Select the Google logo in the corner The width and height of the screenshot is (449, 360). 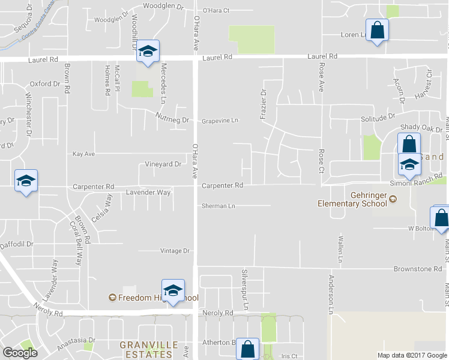[x=20, y=353]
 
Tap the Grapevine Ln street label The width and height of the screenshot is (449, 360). [x=220, y=120]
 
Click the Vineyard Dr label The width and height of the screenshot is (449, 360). [x=163, y=164]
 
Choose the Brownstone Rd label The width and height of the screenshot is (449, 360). [x=418, y=269]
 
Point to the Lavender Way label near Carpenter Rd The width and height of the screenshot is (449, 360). [x=148, y=193]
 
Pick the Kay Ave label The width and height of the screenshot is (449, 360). [x=83, y=154]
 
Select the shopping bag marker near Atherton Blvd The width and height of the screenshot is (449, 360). [x=247, y=347]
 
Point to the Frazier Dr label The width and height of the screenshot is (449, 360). [x=263, y=103]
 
